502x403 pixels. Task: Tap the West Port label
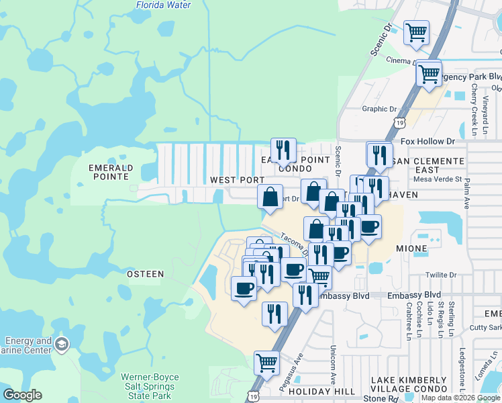click(x=237, y=180)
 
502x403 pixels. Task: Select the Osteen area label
click(x=144, y=273)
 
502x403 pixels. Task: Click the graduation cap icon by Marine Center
click(x=62, y=345)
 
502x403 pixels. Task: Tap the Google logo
click(x=23, y=395)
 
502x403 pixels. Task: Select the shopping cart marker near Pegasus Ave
click(x=266, y=362)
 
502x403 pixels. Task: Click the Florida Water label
click(x=164, y=5)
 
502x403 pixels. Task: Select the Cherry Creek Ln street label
click(x=474, y=104)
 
